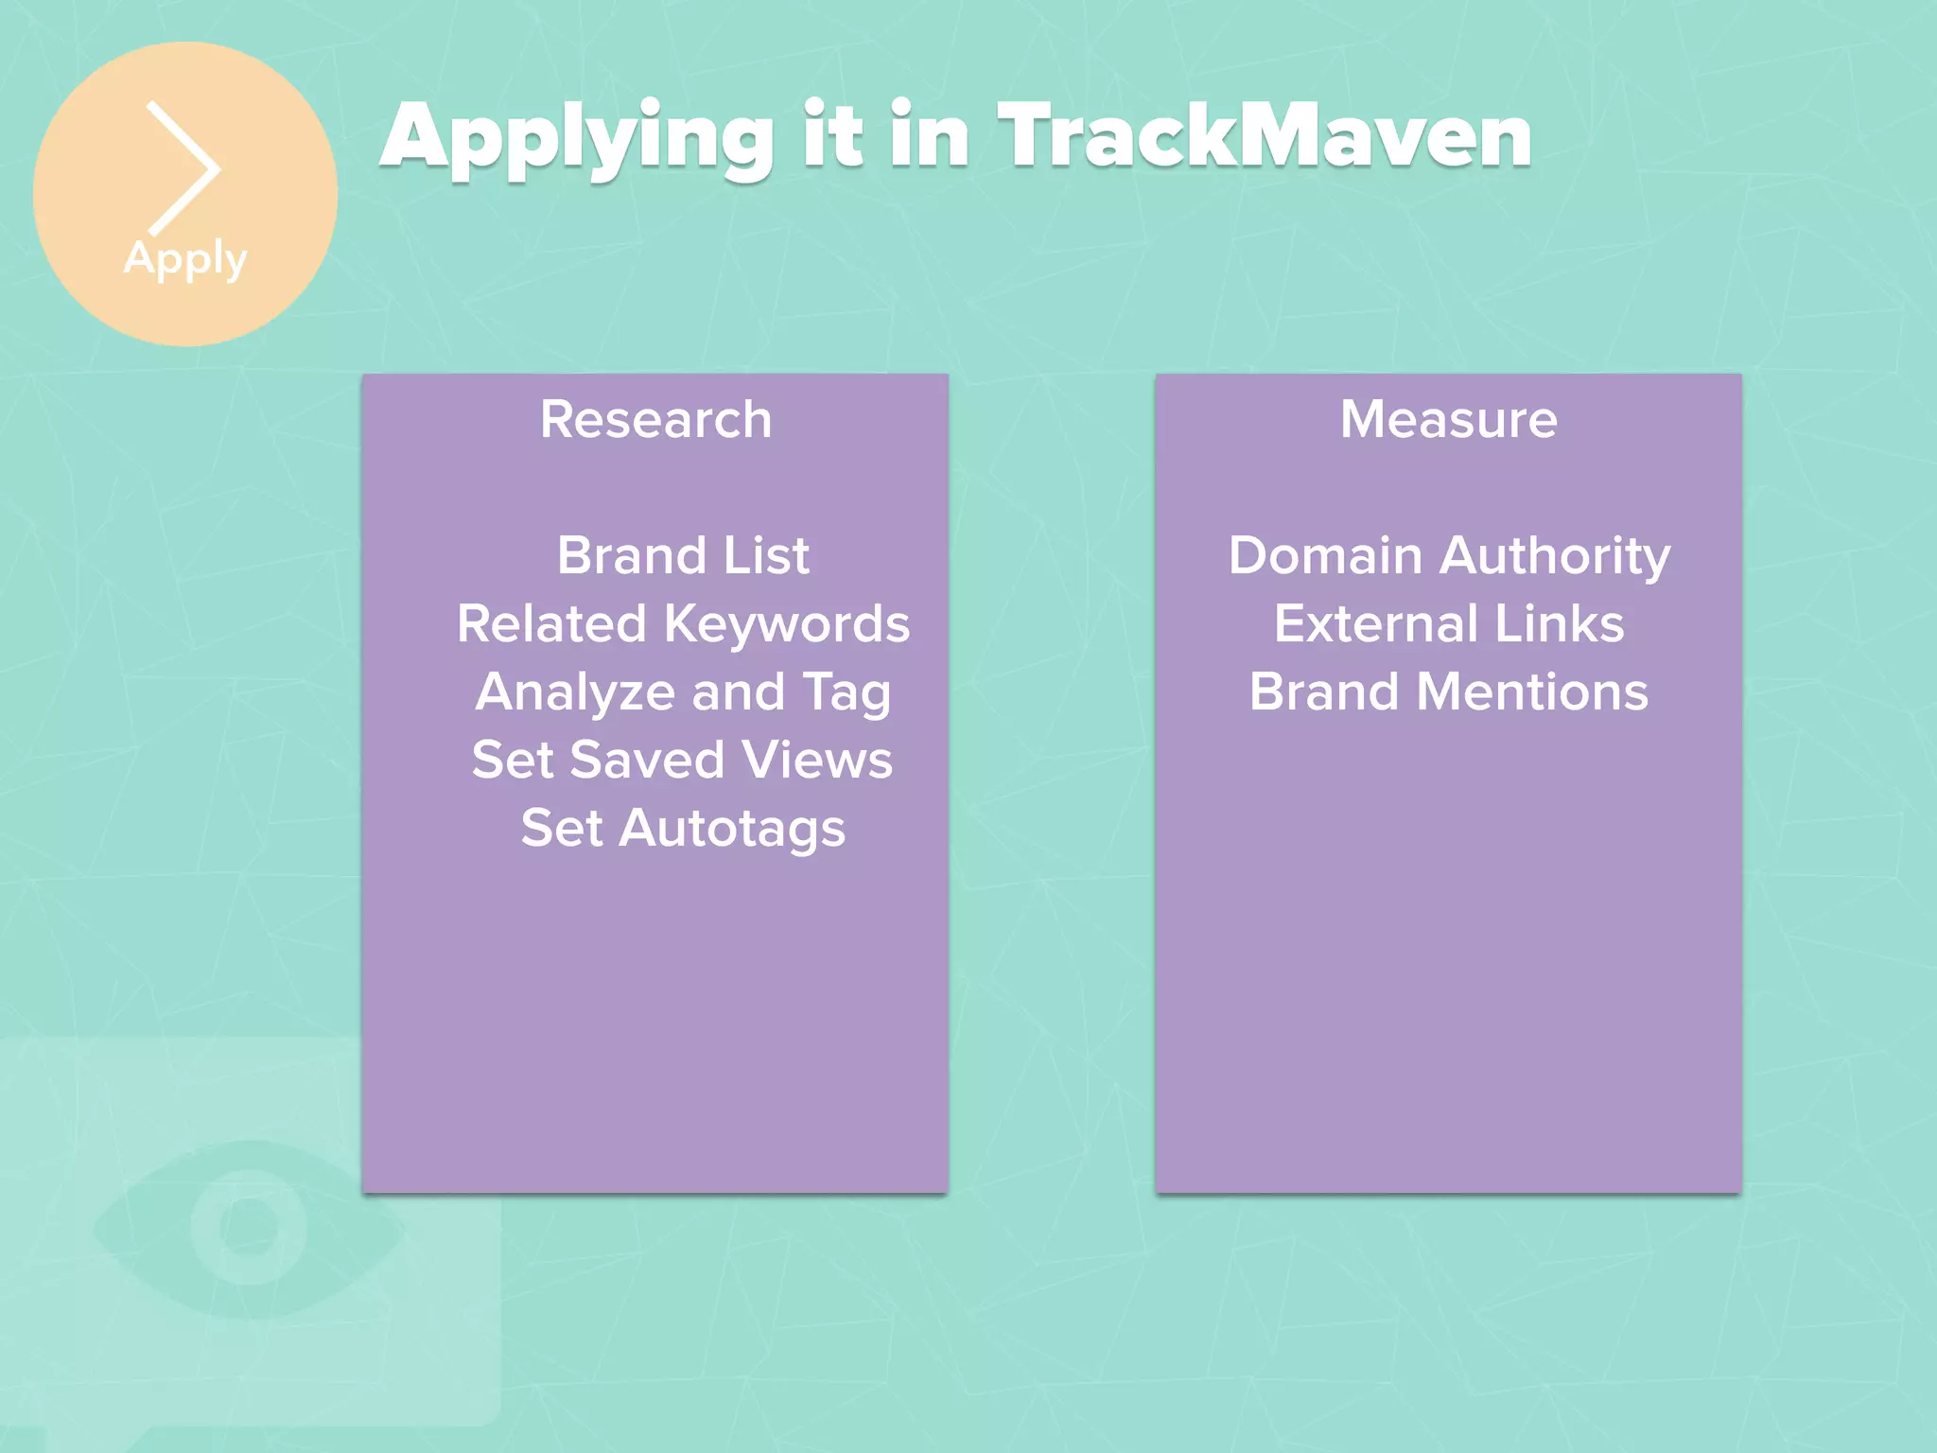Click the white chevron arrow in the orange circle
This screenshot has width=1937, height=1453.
[185, 168]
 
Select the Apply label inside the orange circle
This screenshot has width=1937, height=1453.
[185, 258]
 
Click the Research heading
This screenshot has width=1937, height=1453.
[655, 419]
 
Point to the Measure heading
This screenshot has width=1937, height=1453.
[1448, 419]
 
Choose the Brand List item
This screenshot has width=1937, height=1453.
[683, 555]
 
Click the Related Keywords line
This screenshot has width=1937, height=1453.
[683, 624]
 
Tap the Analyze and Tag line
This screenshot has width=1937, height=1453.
[683, 692]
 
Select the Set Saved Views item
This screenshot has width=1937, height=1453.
[683, 760]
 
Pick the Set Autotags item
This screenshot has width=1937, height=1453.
[683, 829]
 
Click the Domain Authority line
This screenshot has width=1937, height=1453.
[1449, 555]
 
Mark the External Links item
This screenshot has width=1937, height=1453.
[1449, 624]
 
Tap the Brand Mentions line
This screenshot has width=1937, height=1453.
[1449, 691]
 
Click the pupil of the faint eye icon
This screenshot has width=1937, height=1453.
[249, 1227]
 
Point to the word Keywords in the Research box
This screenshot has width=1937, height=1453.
[787, 624]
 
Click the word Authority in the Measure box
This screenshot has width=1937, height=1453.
[1555, 555]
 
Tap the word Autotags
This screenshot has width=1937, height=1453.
[732, 829]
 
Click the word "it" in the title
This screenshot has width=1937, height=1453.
[832, 137]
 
